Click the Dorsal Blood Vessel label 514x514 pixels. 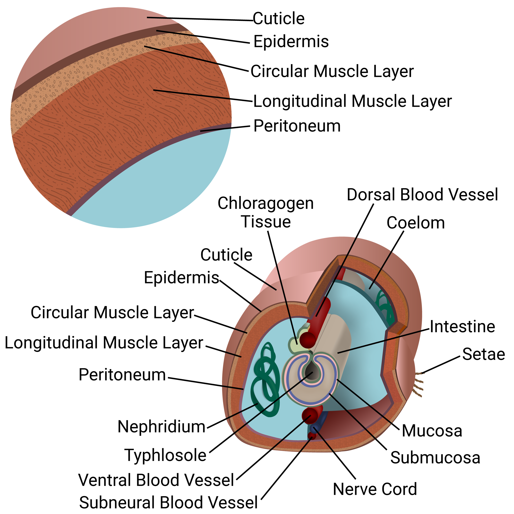(422, 195)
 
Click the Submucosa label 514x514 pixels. (435, 458)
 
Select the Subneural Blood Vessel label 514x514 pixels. (168, 502)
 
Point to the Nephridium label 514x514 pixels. (161, 427)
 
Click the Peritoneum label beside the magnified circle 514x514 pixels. (297, 126)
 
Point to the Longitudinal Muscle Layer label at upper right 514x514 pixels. (352, 101)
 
